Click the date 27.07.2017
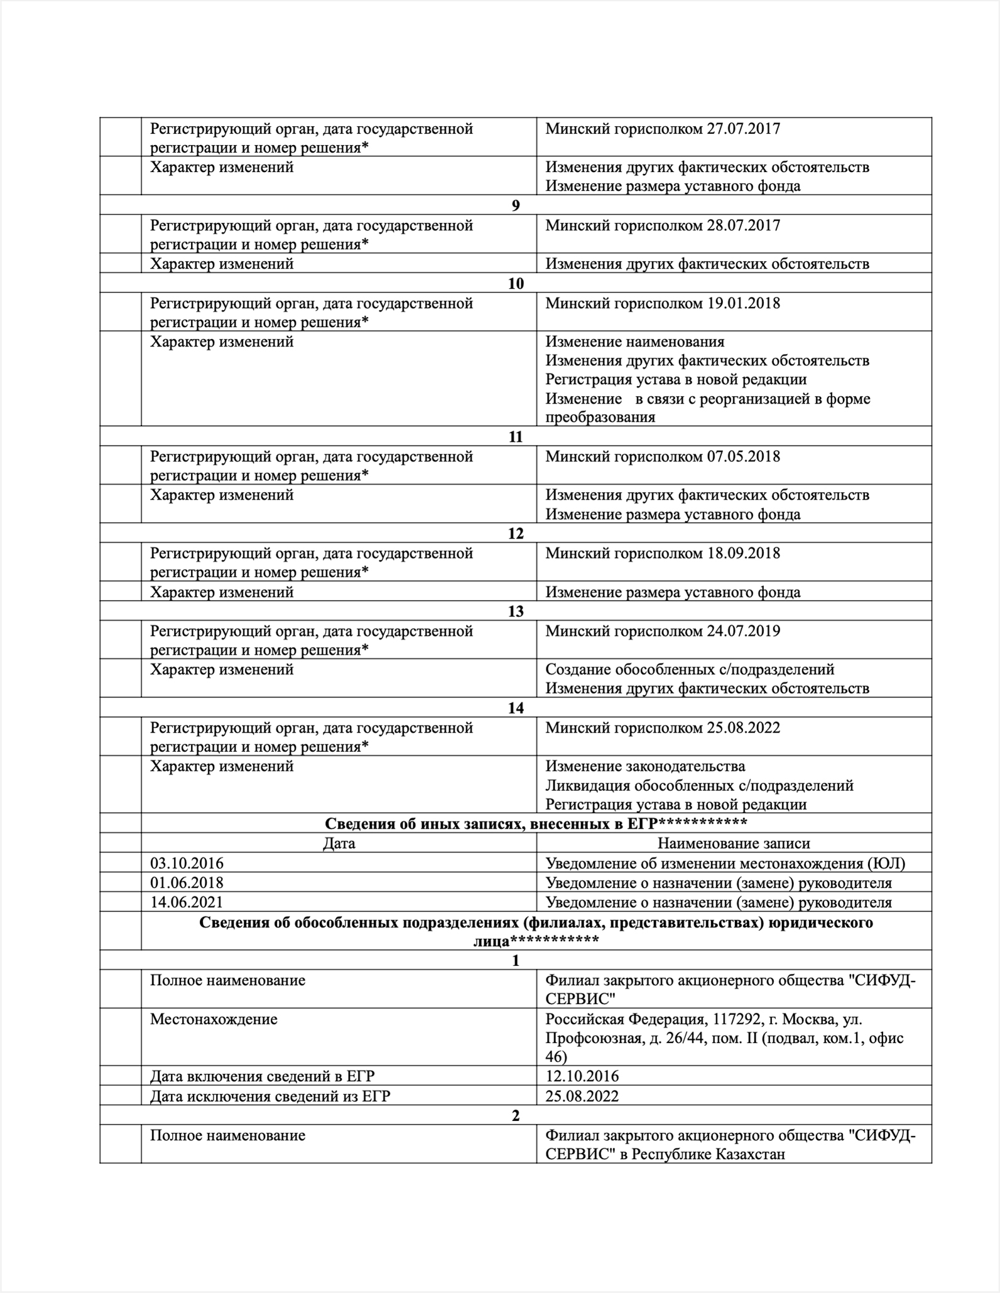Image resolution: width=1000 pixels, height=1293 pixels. pyautogui.click(x=744, y=129)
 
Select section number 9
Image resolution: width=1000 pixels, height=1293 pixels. pyautogui.click(x=516, y=205)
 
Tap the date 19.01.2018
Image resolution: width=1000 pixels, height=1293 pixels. pyautogui.click(x=744, y=304)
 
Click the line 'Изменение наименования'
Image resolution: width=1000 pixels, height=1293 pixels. pyautogui.click(x=634, y=342)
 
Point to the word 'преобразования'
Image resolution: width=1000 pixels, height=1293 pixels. pyautogui.click(x=600, y=417)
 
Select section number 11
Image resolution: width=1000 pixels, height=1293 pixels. pyautogui.click(x=516, y=437)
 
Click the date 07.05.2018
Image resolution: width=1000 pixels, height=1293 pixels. pyautogui.click(x=744, y=457)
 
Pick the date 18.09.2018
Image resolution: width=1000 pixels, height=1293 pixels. pyautogui.click(x=744, y=554)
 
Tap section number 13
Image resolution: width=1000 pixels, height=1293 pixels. pyautogui.click(x=516, y=611)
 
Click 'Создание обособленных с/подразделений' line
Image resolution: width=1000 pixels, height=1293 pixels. pyautogui.click(x=690, y=670)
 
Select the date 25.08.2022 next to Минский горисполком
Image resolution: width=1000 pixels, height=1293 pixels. pyautogui.click(x=744, y=728)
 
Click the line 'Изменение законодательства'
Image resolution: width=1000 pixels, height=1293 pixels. pyautogui.click(x=645, y=766)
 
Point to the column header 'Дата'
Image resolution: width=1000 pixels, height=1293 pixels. pyautogui.click(x=339, y=844)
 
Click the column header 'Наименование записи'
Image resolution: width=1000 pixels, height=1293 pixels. pyautogui.click(x=734, y=844)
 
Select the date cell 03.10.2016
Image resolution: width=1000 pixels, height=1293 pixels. pyautogui.click(x=187, y=864)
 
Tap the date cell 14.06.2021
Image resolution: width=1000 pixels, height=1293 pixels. pyautogui.click(x=187, y=903)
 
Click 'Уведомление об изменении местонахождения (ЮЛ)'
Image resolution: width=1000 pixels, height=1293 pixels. pyautogui.click(x=726, y=864)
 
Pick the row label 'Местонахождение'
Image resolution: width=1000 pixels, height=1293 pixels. pyautogui.click(x=214, y=1019)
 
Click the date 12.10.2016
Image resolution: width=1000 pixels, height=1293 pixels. pyautogui.click(x=582, y=1076)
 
